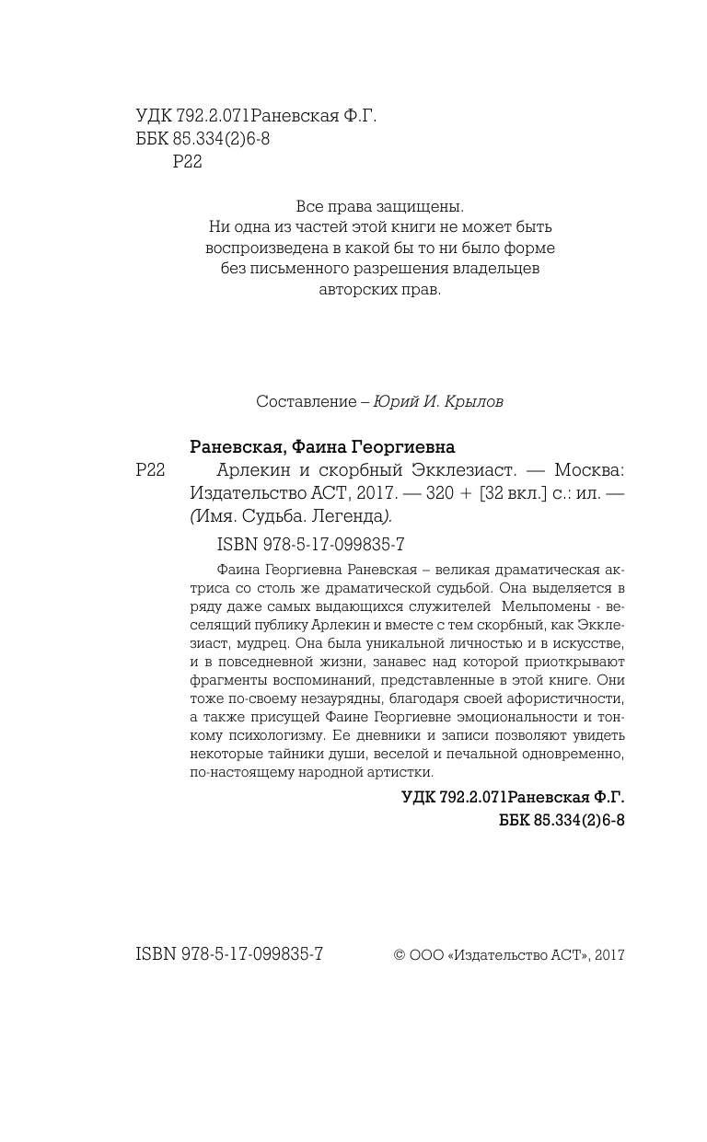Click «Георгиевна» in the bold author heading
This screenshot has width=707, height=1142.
(403, 447)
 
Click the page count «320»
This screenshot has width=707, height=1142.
(441, 493)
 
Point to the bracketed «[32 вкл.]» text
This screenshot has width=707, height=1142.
(516, 493)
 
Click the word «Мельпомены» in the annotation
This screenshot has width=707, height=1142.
(541, 606)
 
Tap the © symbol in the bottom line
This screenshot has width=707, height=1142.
(399, 955)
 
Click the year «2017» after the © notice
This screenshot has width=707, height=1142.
(609, 955)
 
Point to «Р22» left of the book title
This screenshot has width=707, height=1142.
(150, 470)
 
